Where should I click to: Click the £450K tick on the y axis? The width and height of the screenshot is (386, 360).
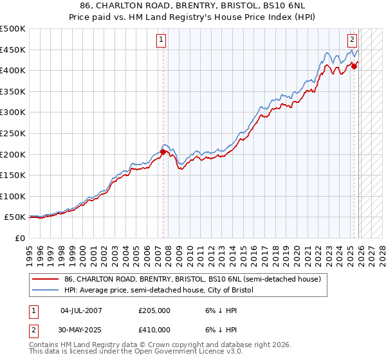(14, 50)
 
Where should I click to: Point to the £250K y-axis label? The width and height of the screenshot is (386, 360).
(14, 133)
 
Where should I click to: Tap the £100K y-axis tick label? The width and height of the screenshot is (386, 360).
(14, 196)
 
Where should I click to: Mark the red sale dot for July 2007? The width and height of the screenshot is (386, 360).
(163, 152)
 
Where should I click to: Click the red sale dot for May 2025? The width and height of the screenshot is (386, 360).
(354, 66)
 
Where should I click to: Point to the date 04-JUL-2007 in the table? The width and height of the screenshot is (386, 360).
(81, 310)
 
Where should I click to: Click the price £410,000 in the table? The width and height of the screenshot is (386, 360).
(154, 330)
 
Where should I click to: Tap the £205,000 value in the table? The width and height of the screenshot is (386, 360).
(154, 310)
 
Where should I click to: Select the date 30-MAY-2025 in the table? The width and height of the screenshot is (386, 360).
(81, 330)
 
